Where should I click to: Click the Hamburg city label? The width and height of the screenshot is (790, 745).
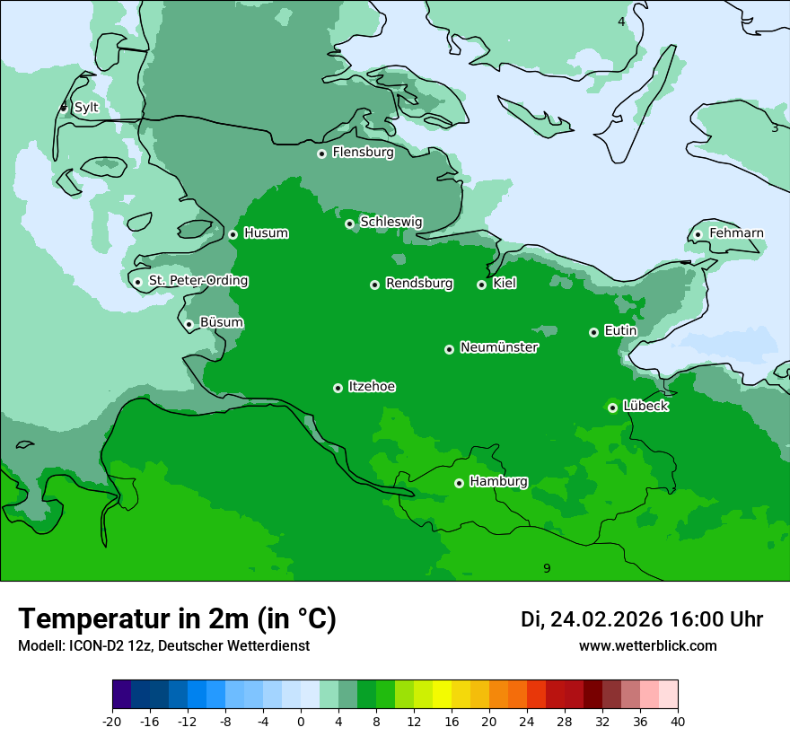tap(498, 481)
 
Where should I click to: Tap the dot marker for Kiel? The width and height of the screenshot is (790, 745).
tap(481, 285)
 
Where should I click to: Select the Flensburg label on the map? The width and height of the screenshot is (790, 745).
tap(363, 153)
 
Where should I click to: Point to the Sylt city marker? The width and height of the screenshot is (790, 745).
tap(64, 108)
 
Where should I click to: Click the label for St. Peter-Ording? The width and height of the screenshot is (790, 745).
tap(198, 281)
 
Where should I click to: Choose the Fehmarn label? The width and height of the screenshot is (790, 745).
tap(736, 233)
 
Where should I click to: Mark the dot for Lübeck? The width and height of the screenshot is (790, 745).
tap(612, 408)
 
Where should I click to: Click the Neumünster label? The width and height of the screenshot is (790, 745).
tap(499, 347)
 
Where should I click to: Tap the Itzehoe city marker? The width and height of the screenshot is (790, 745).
tap(338, 388)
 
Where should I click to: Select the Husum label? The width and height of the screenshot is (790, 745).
tap(266, 233)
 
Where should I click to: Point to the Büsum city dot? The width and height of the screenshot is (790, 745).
tap(189, 324)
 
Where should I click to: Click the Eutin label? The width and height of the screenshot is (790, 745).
tap(620, 331)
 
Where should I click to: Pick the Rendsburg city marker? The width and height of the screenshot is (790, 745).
tap(374, 285)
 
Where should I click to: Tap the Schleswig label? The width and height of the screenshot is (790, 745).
tap(391, 222)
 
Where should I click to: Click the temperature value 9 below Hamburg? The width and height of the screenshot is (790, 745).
tap(547, 568)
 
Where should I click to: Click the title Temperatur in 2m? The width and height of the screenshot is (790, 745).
tap(177, 618)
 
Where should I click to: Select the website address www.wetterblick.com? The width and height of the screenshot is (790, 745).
tap(647, 645)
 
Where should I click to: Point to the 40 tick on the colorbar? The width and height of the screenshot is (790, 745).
tap(678, 721)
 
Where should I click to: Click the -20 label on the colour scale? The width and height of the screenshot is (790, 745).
tap(112, 721)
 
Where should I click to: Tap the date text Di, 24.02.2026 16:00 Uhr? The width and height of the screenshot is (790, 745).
tap(642, 619)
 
